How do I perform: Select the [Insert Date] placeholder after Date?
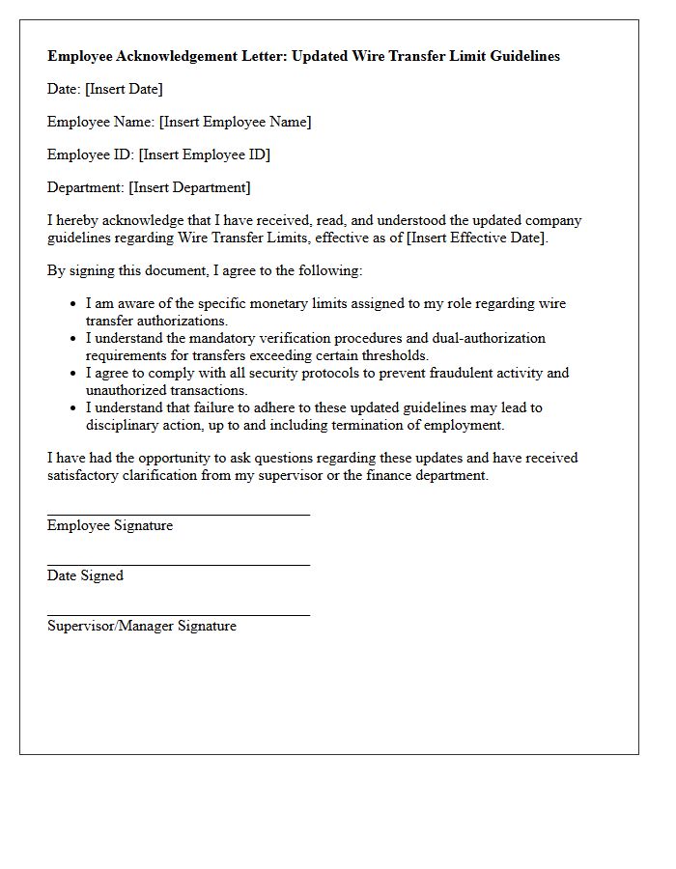click(x=124, y=89)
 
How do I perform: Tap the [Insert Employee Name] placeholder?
click(x=235, y=122)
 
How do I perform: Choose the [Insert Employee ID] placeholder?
click(x=205, y=154)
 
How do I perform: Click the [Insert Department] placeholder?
click(x=189, y=187)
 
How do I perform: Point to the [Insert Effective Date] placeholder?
click(x=478, y=238)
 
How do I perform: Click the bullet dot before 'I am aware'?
click(x=73, y=304)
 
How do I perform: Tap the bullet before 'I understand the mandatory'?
click(x=73, y=339)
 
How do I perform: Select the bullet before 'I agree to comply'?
click(x=73, y=374)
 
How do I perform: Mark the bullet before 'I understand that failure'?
click(x=73, y=408)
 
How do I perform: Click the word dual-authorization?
click(x=484, y=338)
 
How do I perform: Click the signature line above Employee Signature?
click(x=179, y=515)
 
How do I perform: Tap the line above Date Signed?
click(x=179, y=565)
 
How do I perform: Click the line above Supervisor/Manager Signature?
click(x=179, y=615)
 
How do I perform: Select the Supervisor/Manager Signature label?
click(x=142, y=626)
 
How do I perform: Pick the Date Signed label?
click(x=85, y=575)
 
